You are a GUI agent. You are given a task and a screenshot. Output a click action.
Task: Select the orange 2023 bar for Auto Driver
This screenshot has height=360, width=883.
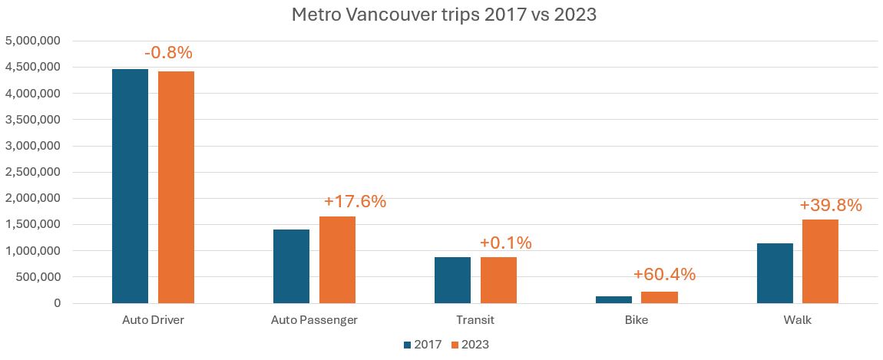point(176,187)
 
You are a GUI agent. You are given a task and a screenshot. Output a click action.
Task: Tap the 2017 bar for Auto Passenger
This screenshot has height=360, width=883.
point(291,266)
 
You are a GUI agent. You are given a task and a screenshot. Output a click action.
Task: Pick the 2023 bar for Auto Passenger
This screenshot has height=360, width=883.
point(337,259)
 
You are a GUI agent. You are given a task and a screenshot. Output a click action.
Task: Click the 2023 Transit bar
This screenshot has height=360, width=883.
point(498,280)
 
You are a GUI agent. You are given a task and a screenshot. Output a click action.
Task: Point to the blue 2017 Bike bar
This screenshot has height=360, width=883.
point(613,299)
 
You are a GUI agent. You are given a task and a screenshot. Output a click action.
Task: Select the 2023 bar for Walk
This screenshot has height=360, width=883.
point(820,261)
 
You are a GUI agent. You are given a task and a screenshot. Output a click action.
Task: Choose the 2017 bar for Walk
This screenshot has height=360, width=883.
point(775,273)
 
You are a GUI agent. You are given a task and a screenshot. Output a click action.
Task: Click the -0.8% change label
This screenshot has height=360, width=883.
point(168,53)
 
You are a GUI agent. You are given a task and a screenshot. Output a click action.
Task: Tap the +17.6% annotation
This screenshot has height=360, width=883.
point(355,202)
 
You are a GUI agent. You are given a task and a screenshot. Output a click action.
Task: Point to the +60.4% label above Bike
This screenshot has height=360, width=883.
point(664,275)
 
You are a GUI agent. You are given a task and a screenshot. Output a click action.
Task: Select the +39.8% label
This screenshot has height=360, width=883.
point(830,206)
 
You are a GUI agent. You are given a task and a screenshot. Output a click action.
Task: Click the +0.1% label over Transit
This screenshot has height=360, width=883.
point(505,243)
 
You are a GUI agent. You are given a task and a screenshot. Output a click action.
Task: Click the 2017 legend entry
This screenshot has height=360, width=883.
point(422,345)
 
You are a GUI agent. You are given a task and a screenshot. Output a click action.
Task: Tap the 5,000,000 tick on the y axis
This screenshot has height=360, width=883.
point(33,40)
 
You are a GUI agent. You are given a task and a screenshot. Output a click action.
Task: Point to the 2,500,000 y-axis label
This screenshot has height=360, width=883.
point(33,172)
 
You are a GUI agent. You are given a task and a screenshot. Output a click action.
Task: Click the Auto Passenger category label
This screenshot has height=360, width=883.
point(314,320)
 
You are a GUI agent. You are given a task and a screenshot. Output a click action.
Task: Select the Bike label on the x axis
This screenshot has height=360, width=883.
point(637,320)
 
